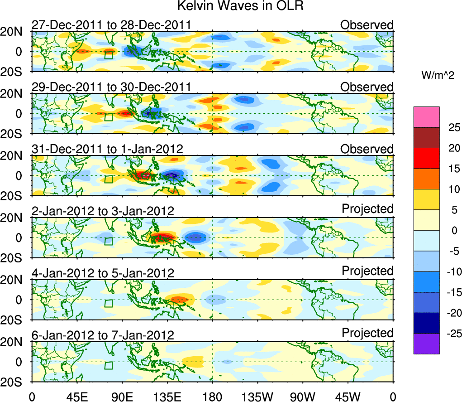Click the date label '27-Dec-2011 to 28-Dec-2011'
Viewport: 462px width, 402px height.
[111, 25]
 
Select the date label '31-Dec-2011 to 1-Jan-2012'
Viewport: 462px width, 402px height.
[107, 149]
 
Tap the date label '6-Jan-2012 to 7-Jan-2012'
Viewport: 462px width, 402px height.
[103, 335]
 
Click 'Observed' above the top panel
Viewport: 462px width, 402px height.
[367, 24]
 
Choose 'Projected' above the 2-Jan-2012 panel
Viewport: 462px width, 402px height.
[367, 208]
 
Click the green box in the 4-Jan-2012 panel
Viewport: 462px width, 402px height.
[108, 303]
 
